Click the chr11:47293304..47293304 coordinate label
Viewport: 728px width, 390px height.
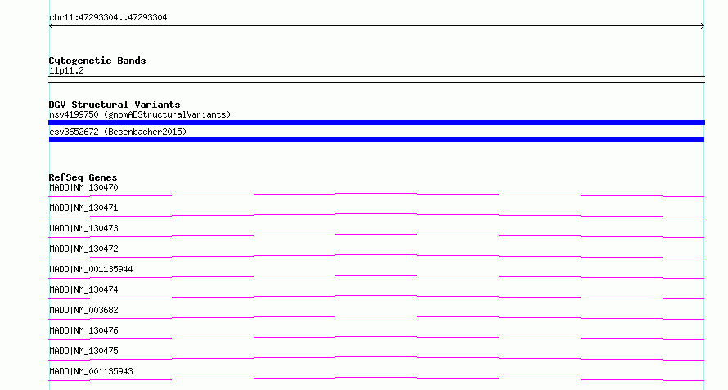coord(108,18)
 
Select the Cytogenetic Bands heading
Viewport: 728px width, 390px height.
coord(97,61)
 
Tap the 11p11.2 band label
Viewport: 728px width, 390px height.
coord(66,70)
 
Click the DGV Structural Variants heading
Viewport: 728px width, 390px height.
coord(115,105)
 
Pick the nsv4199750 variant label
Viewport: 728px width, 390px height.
coord(74,114)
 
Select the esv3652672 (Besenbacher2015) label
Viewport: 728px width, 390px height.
coord(118,132)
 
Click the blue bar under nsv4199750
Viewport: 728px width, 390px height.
coord(376,123)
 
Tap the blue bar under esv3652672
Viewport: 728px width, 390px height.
coord(376,140)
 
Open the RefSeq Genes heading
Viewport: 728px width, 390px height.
coord(83,177)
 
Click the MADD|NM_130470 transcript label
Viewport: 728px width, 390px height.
coord(83,187)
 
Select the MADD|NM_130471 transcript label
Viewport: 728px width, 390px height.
coord(83,208)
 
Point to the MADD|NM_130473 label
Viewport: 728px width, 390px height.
coord(83,228)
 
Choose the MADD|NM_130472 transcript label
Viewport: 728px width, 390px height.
coord(83,249)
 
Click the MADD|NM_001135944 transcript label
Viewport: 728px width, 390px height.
coord(91,269)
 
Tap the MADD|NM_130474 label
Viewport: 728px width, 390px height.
coord(83,289)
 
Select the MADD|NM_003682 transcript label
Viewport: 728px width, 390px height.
coord(83,310)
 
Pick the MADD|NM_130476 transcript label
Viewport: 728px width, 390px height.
coord(83,330)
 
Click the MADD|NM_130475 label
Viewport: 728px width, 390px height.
coord(83,351)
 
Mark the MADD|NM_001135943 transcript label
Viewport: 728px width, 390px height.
coord(91,371)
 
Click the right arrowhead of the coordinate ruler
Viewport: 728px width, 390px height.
coord(703,26)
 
